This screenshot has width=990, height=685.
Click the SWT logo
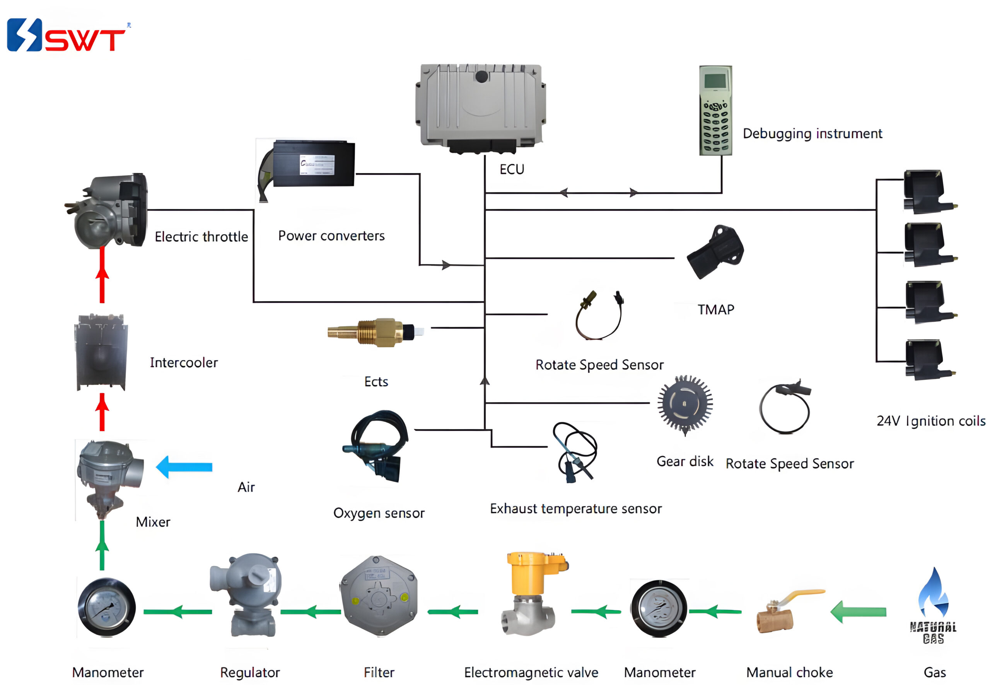click(x=67, y=35)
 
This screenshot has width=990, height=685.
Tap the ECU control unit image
click(x=480, y=107)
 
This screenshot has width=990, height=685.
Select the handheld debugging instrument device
click(x=715, y=110)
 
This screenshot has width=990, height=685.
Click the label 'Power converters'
click(x=331, y=236)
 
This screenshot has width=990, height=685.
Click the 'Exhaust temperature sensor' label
click(x=575, y=509)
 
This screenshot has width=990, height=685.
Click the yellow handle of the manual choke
click(x=802, y=595)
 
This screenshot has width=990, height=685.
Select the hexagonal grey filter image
click(x=379, y=596)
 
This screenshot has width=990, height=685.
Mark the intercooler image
click(x=101, y=352)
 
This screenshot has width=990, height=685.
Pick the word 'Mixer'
click(x=153, y=522)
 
